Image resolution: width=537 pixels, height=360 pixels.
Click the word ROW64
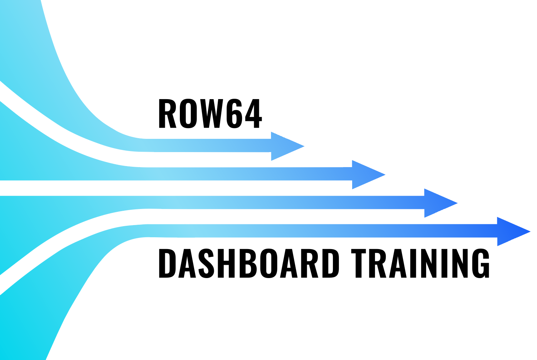coord(210,113)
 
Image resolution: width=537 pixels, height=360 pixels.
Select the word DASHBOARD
coord(248,263)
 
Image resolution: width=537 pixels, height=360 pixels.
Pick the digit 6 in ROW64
coord(234,113)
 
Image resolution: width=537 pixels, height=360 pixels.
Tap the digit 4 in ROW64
coord(252,113)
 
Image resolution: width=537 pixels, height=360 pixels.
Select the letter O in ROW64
coord(188,113)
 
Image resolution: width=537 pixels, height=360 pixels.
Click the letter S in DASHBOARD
coord(206,263)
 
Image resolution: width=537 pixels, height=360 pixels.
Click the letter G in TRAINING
coord(481,263)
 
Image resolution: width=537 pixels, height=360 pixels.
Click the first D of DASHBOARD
coord(167,263)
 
